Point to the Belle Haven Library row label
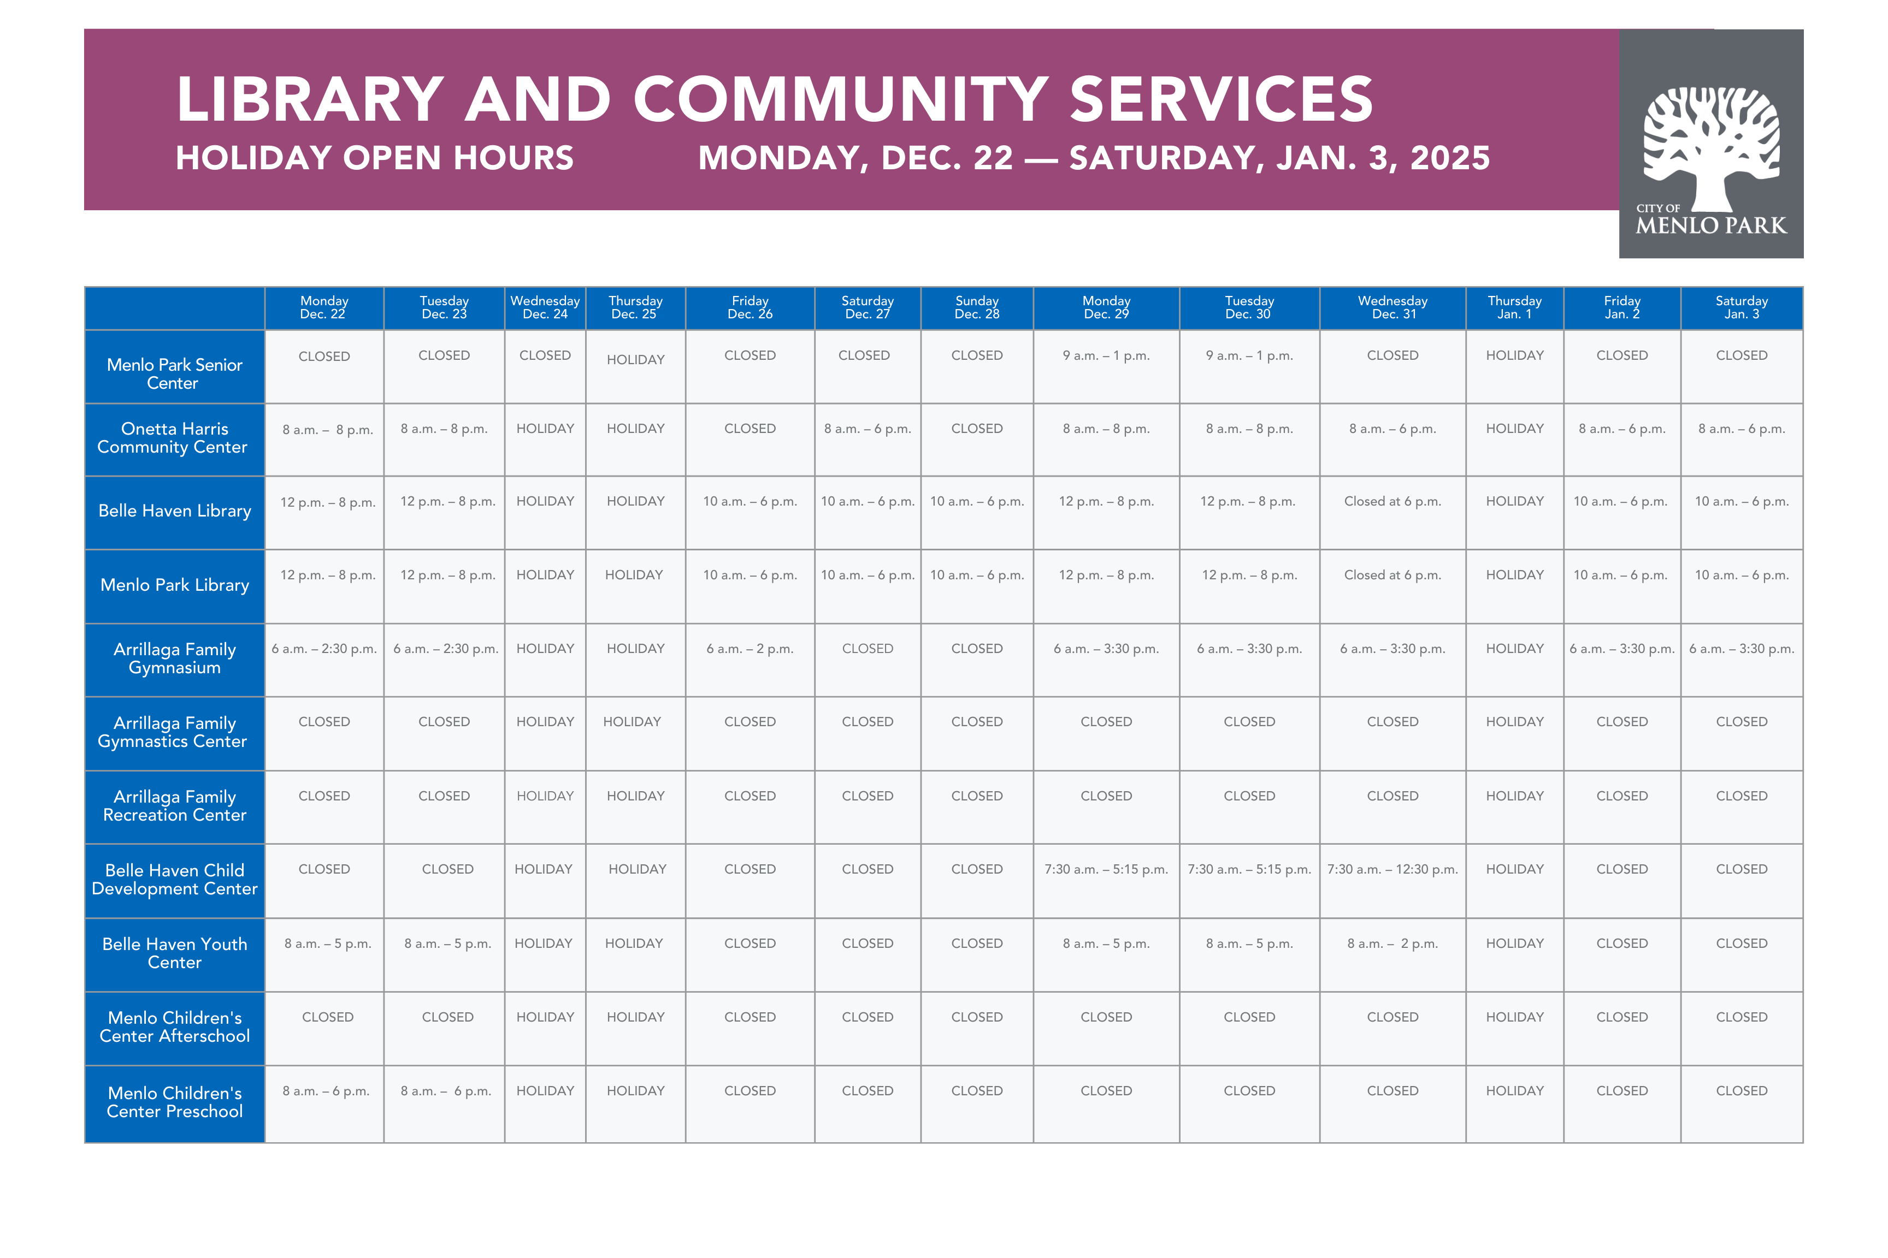tap(174, 511)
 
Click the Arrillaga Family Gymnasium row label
tap(174, 658)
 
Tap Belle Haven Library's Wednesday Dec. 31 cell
tap(1392, 501)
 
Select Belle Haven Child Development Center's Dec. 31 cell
tap(1392, 870)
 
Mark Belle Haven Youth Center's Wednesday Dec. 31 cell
tap(1392, 943)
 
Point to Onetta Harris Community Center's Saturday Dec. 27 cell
tap(867, 429)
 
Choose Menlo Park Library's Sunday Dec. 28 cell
tap(976, 575)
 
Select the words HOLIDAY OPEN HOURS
tap(374, 158)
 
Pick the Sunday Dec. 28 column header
tap(976, 307)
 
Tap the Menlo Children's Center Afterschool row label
tap(174, 1027)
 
